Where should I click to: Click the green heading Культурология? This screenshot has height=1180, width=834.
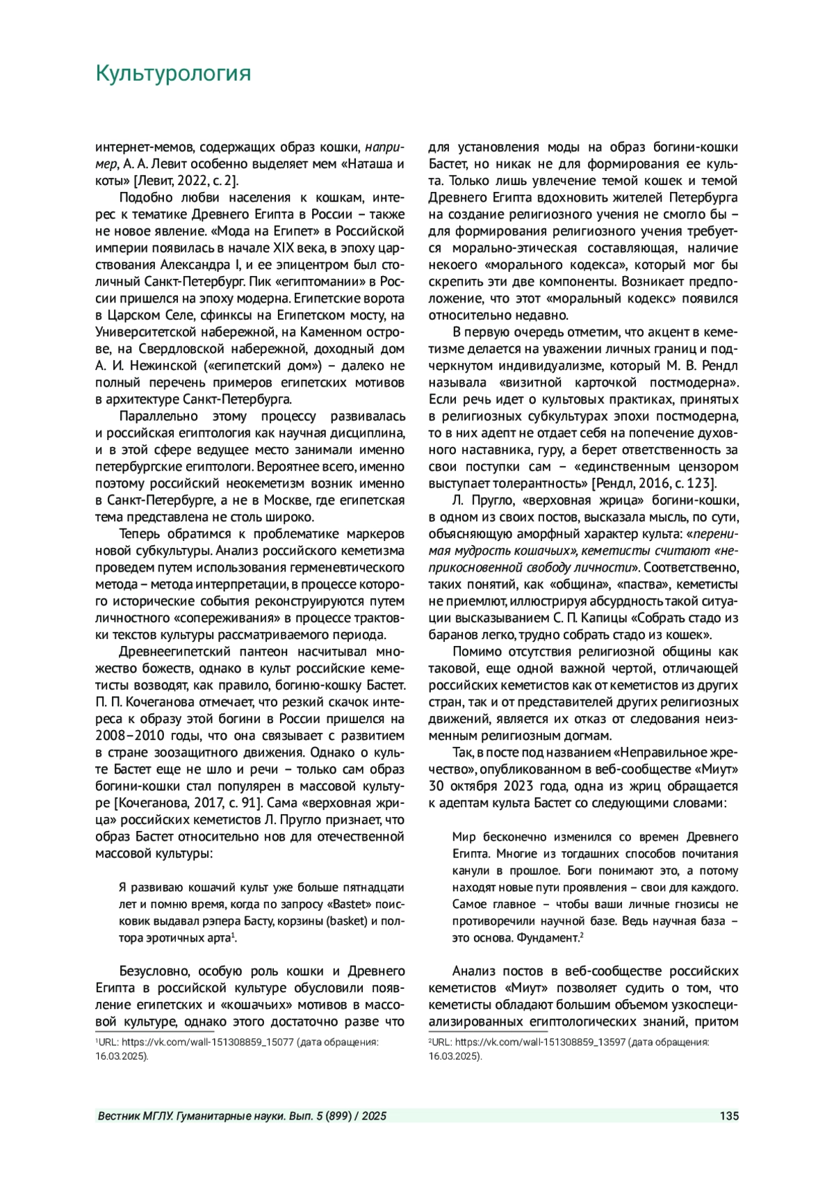click(172, 74)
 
